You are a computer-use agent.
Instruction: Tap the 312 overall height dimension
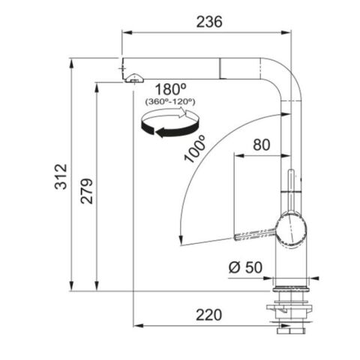pos(62,175)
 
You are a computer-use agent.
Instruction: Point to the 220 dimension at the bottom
pos(206,315)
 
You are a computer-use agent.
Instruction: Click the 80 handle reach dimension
pos(261,144)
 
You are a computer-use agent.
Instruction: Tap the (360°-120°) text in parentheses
pos(169,100)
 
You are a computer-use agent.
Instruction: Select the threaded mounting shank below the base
pos(289,308)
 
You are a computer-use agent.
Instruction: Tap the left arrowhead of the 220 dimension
pos(138,325)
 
